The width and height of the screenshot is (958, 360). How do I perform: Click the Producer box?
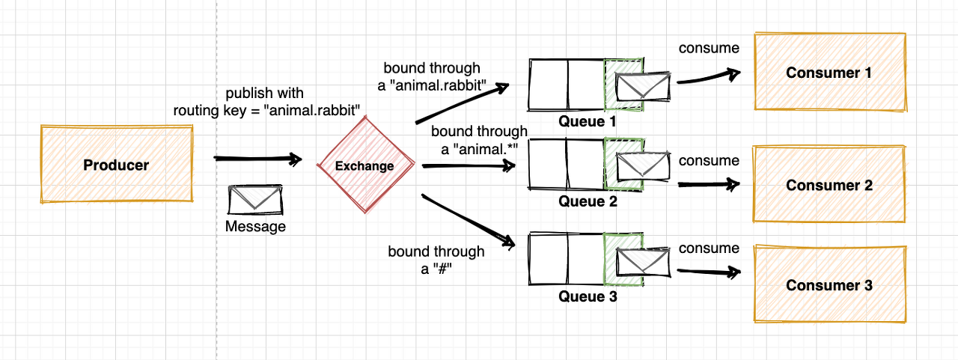click(116, 165)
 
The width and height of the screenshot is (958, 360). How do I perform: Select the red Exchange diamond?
click(364, 165)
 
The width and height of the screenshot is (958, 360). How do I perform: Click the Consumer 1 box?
click(829, 73)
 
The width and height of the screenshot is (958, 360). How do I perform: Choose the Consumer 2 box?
click(829, 185)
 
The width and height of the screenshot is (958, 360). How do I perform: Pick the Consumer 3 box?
click(829, 285)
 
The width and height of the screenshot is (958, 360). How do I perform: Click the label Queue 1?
click(588, 120)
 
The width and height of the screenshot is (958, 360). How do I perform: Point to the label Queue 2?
click(588, 201)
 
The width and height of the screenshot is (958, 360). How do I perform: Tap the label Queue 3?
click(588, 296)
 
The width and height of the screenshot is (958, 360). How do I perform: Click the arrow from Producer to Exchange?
click(257, 159)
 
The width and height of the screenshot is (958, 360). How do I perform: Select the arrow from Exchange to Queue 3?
click(469, 221)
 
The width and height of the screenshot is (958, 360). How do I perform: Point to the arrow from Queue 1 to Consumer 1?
click(707, 79)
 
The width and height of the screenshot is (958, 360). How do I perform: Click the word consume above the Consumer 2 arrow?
click(709, 160)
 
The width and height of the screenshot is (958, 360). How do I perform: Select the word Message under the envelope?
click(255, 226)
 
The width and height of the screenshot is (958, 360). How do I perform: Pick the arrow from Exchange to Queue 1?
click(463, 103)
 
